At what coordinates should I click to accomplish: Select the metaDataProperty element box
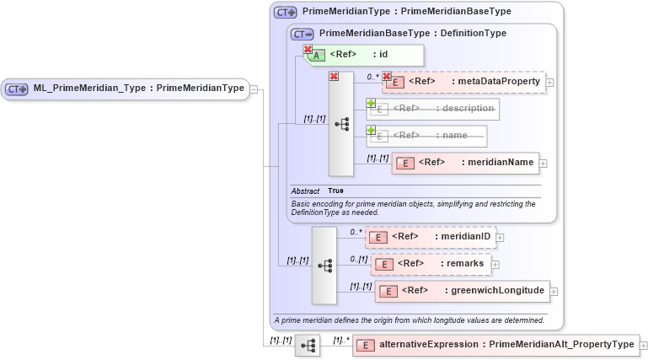pyautogui.click(x=464, y=82)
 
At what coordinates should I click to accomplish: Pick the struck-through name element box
pyautogui.click(x=427, y=135)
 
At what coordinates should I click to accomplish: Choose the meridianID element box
pyautogui.click(x=432, y=237)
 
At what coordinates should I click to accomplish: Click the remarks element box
pyautogui.click(x=431, y=264)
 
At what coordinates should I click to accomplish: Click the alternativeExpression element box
pyautogui.click(x=495, y=345)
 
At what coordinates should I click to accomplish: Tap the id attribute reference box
pyautogui.click(x=364, y=55)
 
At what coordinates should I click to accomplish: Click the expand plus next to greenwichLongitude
pyautogui.click(x=554, y=293)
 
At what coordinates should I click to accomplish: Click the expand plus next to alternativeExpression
pyautogui.click(x=644, y=346)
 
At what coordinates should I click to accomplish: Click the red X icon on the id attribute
pyautogui.click(x=308, y=50)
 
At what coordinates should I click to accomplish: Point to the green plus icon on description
pyautogui.click(x=371, y=103)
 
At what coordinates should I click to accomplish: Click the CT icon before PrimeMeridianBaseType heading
pyautogui.click(x=303, y=34)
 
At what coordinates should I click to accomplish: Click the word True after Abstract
pyautogui.click(x=335, y=191)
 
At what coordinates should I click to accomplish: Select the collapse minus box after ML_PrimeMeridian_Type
pyautogui.click(x=254, y=89)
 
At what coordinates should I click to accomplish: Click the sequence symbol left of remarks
pyautogui.click(x=324, y=264)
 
